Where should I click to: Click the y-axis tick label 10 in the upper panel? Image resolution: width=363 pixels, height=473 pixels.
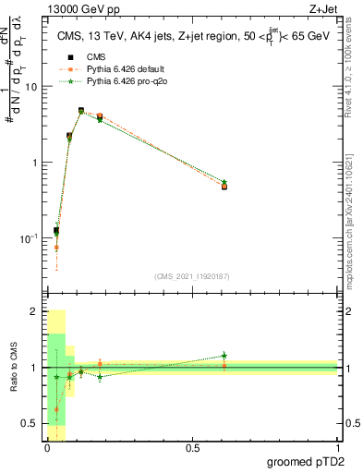click(x=31, y=86)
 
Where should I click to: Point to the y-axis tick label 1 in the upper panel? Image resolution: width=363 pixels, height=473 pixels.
click(x=35, y=163)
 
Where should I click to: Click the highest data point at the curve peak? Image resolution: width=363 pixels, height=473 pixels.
click(x=81, y=111)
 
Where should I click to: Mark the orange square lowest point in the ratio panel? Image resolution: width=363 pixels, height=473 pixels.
click(x=57, y=409)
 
